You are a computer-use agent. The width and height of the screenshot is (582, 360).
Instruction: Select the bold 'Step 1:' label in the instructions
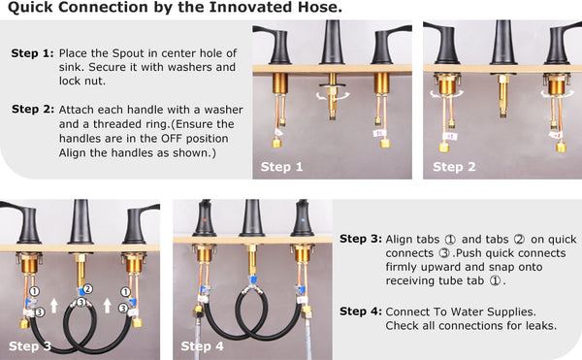33,53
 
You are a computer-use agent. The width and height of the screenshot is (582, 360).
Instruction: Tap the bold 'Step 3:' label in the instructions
361,239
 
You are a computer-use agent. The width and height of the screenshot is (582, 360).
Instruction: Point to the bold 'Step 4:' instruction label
361,311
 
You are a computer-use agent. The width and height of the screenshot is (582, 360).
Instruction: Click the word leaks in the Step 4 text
541,325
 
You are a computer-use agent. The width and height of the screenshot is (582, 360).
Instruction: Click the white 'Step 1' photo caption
281,167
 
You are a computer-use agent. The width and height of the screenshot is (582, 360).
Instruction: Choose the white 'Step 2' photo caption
454,167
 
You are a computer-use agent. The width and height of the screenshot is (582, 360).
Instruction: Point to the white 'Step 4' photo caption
203,346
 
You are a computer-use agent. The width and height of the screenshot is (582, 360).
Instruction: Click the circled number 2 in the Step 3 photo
87,289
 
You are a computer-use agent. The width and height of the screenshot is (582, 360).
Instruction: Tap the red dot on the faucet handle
205,220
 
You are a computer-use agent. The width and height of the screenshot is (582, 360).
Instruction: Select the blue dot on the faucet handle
303,220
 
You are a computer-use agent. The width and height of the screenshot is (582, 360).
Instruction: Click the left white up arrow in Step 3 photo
54,306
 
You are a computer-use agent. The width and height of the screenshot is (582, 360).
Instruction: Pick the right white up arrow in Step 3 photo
108,306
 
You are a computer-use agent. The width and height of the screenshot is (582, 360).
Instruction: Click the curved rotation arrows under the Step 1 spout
333,96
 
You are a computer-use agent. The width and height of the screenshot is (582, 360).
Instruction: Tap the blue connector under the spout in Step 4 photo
253,279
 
